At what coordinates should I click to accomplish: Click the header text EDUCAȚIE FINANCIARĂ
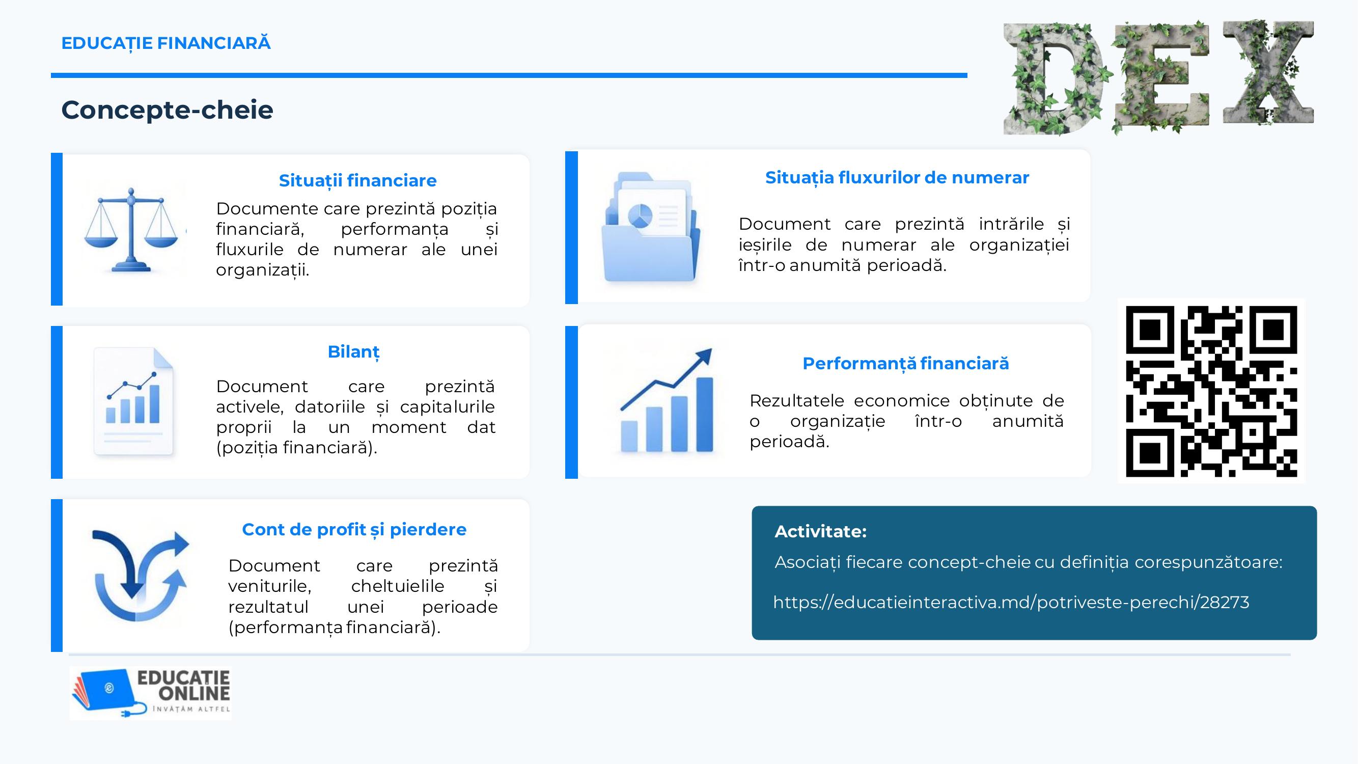click(x=166, y=43)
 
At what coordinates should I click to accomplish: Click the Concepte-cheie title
click(x=167, y=110)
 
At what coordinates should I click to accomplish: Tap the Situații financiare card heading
click(x=357, y=181)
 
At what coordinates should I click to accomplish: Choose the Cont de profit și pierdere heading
click(x=354, y=530)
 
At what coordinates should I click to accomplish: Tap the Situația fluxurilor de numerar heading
click(x=897, y=178)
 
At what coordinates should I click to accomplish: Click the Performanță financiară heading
click(x=906, y=364)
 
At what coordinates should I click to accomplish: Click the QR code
click(x=1211, y=391)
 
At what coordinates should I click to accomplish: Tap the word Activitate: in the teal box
click(x=820, y=531)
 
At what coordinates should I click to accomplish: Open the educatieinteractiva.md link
click(x=1011, y=602)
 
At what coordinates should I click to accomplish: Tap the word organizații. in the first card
click(x=263, y=270)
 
